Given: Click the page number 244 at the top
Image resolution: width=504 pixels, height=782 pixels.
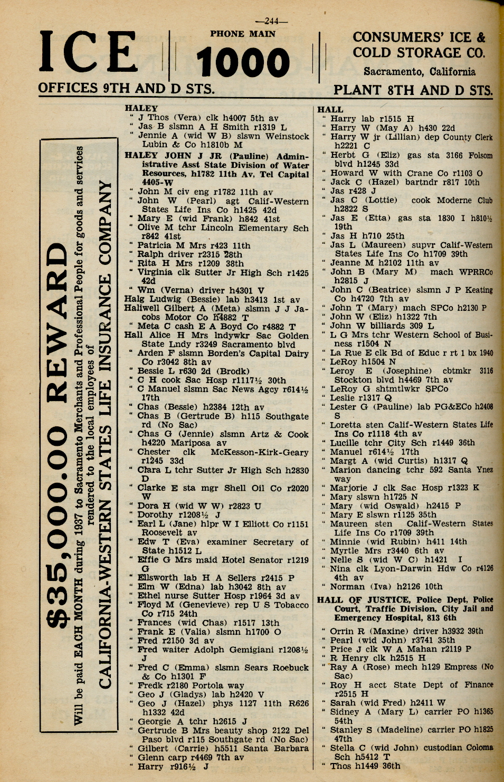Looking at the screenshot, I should (271, 22).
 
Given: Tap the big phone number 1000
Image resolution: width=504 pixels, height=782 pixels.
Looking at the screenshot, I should (243, 62).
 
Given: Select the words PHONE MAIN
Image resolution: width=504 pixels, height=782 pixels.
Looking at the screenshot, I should (243, 34).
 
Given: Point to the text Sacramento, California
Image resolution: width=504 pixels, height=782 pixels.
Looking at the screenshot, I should (419, 72).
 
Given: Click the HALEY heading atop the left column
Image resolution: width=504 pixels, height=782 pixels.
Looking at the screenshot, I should (141, 108).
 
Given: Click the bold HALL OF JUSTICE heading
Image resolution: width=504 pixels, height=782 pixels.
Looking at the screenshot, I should (364, 600).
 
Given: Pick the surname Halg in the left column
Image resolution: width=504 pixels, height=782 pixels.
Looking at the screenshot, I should (134, 299).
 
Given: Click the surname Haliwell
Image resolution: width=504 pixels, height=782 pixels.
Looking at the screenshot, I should (144, 308).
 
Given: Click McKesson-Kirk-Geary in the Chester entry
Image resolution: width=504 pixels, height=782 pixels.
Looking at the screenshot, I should (260, 452).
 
